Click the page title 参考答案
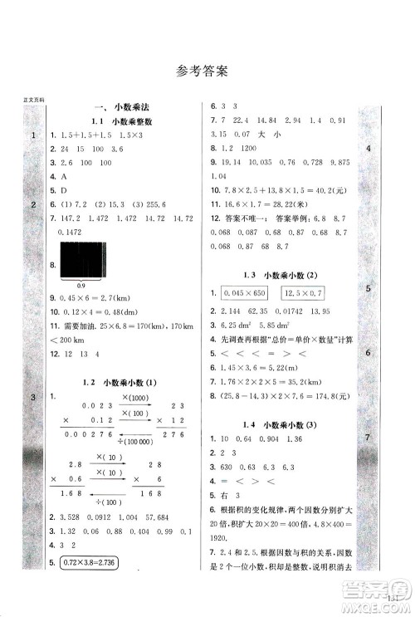207,71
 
